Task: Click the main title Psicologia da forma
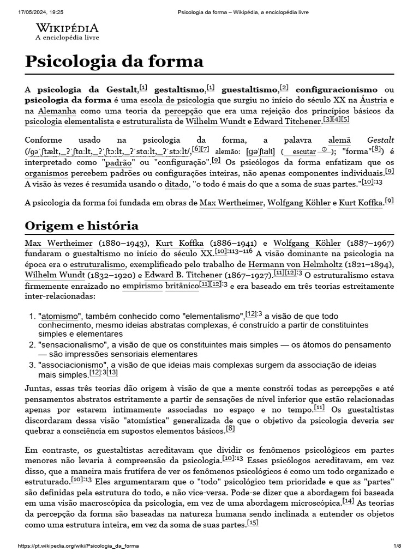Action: pyautogui.click(x=114, y=61)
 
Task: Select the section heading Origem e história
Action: pyautogui.click(x=82, y=226)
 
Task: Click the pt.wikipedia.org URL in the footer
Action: pyautogui.click(x=79, y=546)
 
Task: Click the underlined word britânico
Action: pyautogui.click(x=182, y=285)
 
